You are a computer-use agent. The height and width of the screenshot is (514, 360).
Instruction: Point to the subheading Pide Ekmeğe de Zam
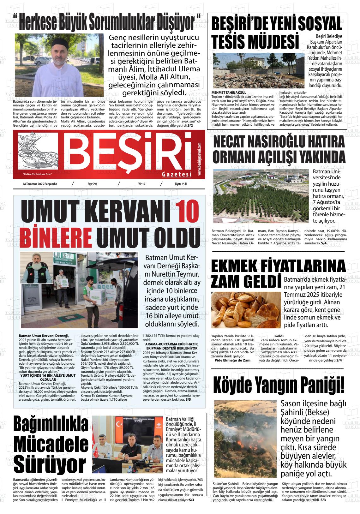pyautogui.click(x=232, y=360)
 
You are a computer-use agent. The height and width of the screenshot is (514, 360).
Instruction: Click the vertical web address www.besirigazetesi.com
pyautogui.click(x=200, y=159)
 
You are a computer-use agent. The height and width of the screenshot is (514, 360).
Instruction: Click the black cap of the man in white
pyautogui.click(x=58, y=42)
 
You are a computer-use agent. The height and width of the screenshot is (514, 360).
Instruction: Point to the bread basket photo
pyautogui.click(x=246, y=310)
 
